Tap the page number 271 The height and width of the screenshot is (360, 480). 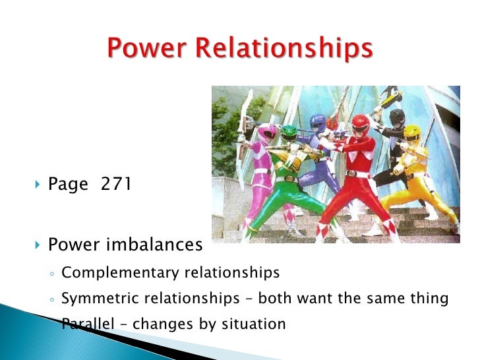coord(116,184)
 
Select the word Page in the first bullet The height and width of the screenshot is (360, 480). coord(68,185)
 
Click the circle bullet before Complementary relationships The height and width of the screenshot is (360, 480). coord(51,273)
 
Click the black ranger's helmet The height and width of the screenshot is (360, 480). coord(397,119)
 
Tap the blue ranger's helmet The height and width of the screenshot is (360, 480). coord(318,122)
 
